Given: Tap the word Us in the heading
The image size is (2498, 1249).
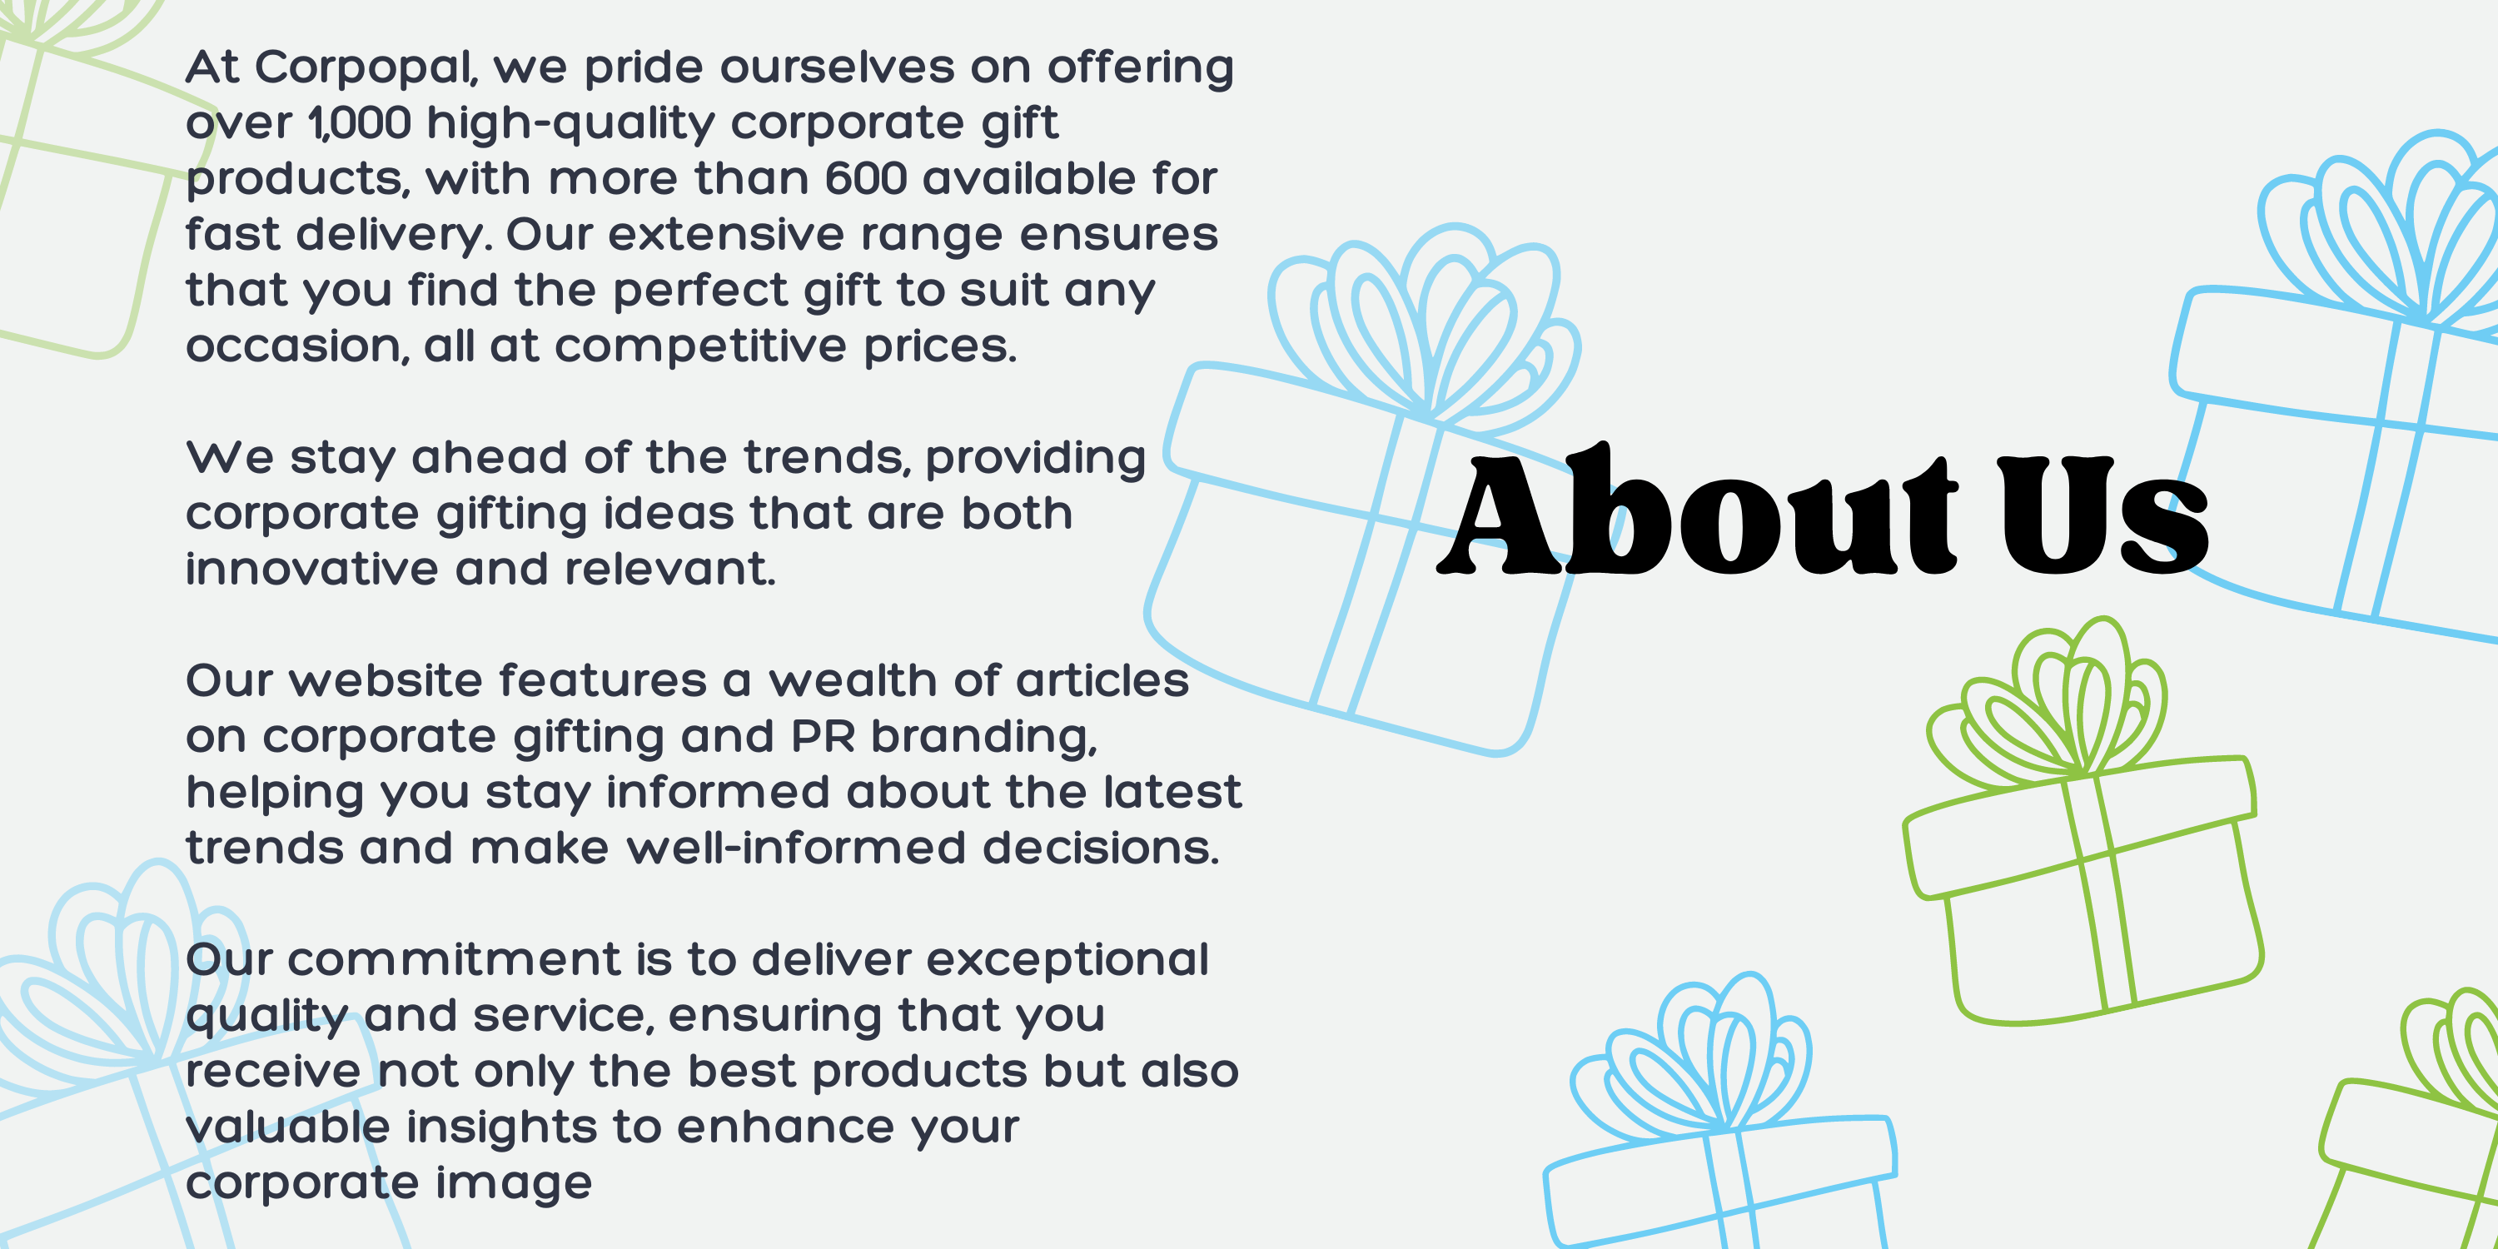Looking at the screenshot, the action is pos(2102,515).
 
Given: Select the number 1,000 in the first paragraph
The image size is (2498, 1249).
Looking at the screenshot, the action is pos(360,123).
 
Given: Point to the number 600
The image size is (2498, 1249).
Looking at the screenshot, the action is pos(865,178).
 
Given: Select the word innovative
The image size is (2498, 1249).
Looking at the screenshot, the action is pos(312,570).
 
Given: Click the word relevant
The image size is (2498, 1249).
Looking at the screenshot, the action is pos(670,570).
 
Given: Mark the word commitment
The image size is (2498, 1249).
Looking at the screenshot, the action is pos(454,960).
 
